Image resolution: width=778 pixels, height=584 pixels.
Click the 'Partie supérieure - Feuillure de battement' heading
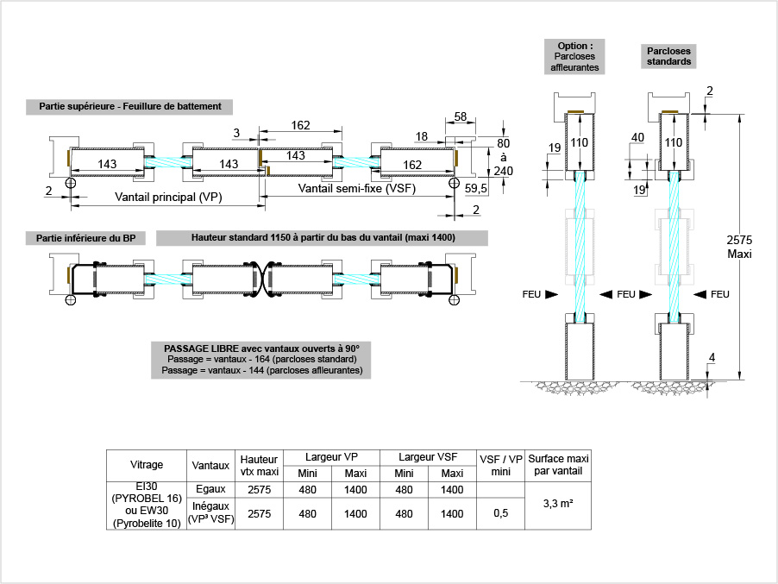[130, 107]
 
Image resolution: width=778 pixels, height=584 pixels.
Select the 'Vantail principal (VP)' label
[169, 197]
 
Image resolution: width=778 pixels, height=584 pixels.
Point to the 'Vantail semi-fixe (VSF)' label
[356, 188]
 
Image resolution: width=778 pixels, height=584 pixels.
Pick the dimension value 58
[461, 116]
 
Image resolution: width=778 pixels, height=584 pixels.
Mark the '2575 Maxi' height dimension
[740, 247]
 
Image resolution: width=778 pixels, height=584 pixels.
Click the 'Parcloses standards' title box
[669, 57]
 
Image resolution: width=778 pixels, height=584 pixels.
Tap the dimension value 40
[638, 138]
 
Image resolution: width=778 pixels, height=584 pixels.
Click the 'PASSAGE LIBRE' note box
[261, 359]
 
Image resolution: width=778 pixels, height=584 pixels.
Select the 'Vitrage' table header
[147, 465]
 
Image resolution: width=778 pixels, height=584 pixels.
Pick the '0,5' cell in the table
[500, 513]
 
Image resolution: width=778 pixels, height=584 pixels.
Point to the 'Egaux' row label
[211, 489]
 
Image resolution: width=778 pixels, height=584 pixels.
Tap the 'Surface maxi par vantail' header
[559, 465]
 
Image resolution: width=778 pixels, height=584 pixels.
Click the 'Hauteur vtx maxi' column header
[260, 465]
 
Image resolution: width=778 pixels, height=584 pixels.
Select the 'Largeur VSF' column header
[428, 457]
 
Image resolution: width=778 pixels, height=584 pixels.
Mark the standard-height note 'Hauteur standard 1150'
[323, 238]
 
